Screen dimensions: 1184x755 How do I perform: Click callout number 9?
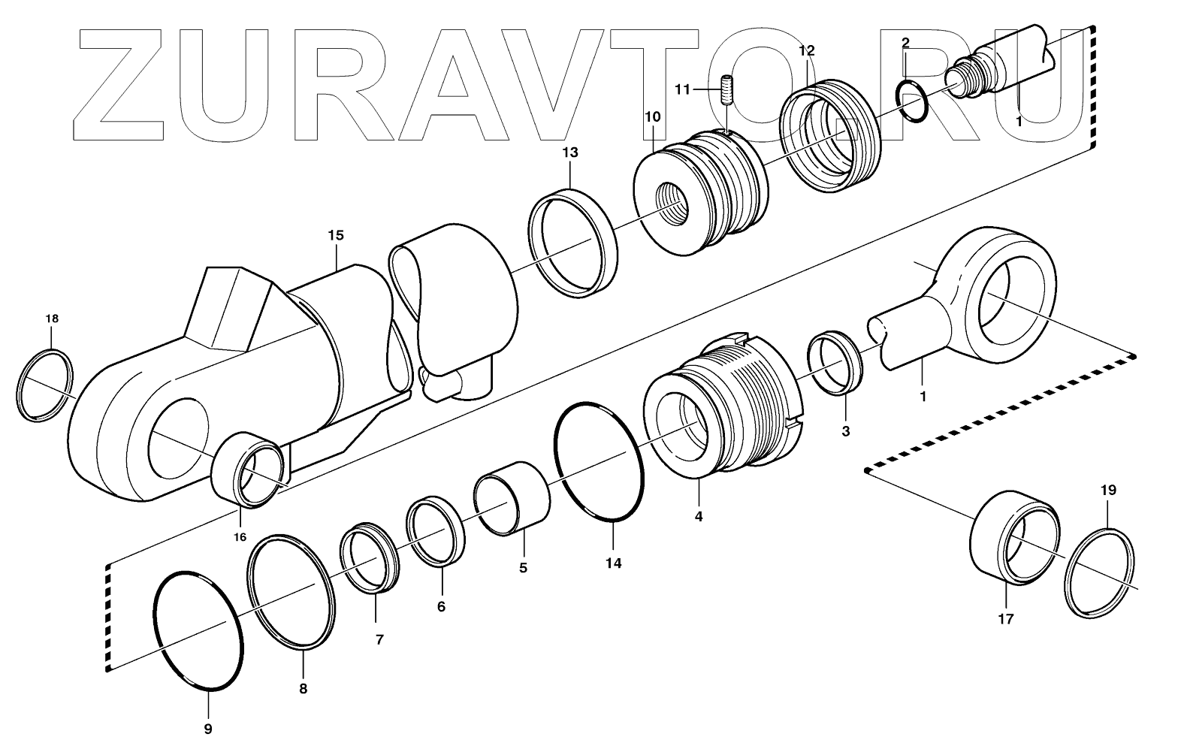coord(208,728)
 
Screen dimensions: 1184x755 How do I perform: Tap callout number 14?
coord(614,563)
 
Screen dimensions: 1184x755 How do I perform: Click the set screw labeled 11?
coord(726,90)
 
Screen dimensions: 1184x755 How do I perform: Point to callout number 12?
coord(806,51)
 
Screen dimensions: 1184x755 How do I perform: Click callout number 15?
coord(335,235)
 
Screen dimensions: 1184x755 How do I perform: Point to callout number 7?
coord(379,640)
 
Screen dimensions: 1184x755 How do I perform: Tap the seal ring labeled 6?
coord(434,532)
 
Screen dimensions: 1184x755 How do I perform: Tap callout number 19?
coord(1108,491)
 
